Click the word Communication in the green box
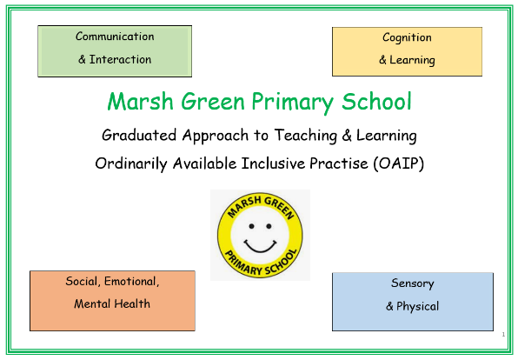115,37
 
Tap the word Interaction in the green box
120,59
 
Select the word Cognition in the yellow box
407,38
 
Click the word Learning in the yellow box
412,61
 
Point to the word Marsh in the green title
141,101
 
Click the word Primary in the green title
292,103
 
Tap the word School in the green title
376,101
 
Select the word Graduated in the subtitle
139,136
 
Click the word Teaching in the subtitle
306,136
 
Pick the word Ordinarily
131,163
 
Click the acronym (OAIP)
399,163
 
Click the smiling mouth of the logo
260,246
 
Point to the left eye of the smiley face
252,226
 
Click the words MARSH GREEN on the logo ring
261,207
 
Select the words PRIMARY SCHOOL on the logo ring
261,263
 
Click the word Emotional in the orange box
132,282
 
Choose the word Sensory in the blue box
413,283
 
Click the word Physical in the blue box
417,306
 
